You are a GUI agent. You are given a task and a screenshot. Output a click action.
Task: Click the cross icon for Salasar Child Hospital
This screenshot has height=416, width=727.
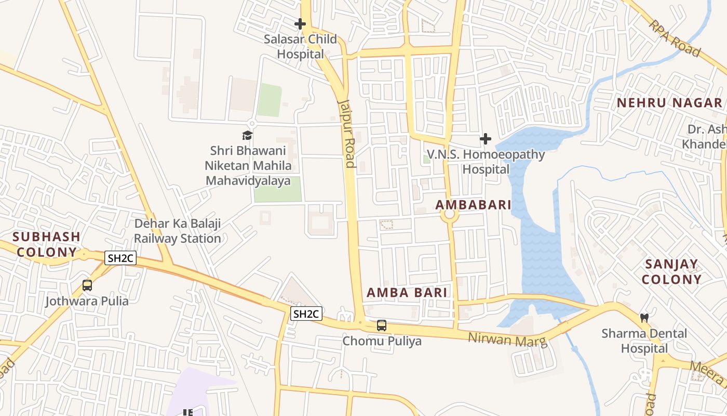[x=300, y=24]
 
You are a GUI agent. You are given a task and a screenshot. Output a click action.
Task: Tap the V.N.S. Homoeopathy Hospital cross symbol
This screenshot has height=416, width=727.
[x=485, y=139]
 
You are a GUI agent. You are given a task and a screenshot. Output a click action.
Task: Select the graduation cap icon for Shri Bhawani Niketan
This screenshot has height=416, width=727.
[x=247, y=136]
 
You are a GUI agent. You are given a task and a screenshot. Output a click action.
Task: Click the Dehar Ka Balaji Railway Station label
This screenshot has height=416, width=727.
[x=178, y=231]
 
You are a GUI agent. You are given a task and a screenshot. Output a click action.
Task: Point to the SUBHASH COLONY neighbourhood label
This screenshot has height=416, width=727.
[x=46, y=244]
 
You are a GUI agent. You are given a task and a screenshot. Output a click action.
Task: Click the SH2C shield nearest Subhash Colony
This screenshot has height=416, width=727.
[x=120, y=258]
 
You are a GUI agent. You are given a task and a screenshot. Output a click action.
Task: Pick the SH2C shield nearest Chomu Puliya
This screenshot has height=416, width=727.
[x=306, y=314]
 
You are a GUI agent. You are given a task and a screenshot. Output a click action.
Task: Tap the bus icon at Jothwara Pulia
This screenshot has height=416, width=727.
[x=87, y=285]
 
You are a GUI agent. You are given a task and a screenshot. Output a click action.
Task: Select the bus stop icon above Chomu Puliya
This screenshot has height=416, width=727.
[x=382, y=326]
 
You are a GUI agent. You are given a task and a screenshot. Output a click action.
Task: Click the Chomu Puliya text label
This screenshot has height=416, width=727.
[x=382, y=341]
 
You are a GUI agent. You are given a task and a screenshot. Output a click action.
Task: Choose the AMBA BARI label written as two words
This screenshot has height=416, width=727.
[x=407, y=292]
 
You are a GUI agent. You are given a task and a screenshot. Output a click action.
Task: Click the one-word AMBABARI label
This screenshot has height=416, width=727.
[x=473, y=205]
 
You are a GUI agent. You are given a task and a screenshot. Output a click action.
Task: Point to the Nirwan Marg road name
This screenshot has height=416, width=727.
[x=507, y=339]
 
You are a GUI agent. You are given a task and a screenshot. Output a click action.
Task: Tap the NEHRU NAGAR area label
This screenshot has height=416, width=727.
[x=669, y=103]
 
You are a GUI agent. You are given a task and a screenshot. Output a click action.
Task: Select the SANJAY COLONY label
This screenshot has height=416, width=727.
[x=671, y=271]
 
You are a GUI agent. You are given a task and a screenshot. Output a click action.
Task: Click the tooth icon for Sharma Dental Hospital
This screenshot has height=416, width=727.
[x=644, y=317]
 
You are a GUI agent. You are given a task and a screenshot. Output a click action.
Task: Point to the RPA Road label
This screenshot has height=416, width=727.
[x=674, y=38]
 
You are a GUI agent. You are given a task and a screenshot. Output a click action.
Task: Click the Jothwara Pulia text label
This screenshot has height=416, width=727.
[x=87, y=301]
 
